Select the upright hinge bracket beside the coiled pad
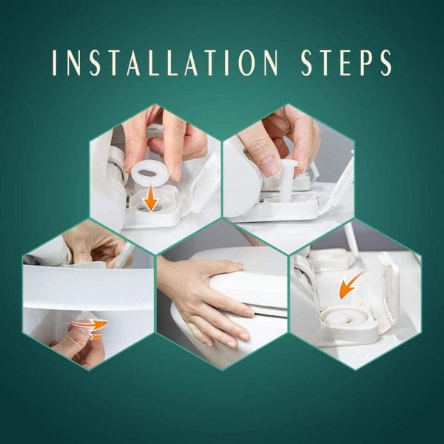pos(388,289)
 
